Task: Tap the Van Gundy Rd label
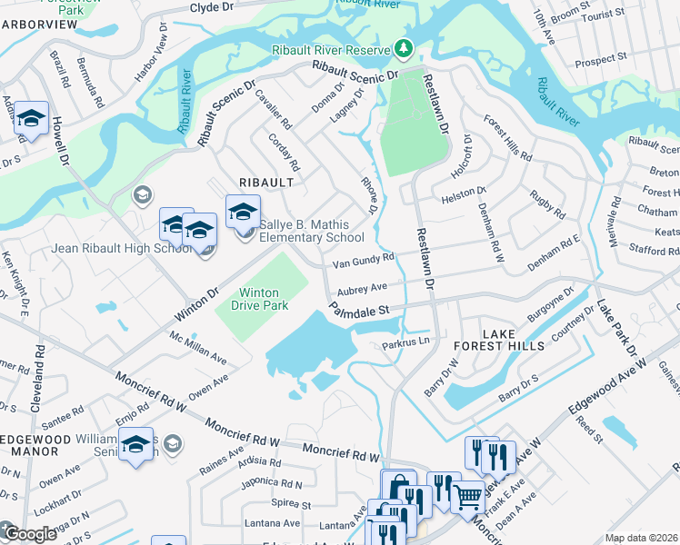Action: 363,262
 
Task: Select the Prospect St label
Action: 595,61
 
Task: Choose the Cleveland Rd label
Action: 38,378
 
